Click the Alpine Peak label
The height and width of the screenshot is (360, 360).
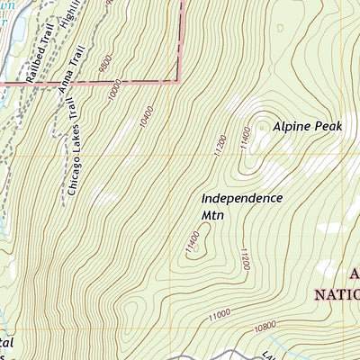click(308, 128)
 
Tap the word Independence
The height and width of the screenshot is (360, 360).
click(241, 198)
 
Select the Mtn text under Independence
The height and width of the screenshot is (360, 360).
click(211, 216)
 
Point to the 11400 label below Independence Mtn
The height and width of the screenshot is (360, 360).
click(192, 243)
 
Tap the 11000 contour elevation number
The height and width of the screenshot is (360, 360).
click(220, 314)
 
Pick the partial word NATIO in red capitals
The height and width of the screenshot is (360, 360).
click(337, 293)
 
